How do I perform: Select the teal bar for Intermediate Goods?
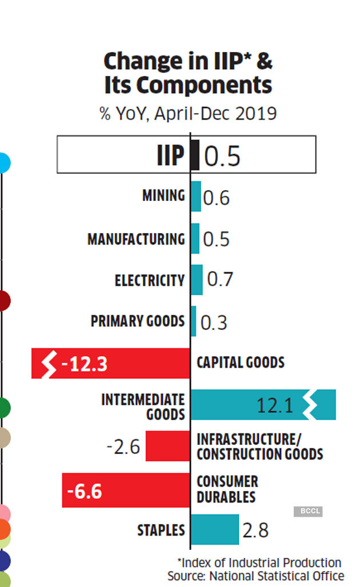tap(263, 405)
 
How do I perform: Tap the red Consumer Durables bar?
tap(126, 490)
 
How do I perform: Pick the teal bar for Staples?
tap(214, 529)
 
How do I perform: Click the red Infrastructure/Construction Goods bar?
tap(167, 446)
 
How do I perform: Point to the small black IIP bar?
tap(195, 155)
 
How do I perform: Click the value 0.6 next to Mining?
tap(217, 198)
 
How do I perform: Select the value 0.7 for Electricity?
tap(220, 280)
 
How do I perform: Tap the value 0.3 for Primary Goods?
tap(214, 322)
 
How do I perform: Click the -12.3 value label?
tap(84, 364)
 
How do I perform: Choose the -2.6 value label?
tap(123, 447)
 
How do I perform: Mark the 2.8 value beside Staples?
tap(255, 530)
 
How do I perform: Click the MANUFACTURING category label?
tap(136, 239)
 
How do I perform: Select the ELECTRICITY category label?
tap(150, 280)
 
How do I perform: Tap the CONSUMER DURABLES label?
tap(227, 489)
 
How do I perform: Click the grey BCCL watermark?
tap(308, 511)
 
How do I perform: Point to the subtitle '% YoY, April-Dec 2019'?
tap(188, 113)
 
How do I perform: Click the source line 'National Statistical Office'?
tap(277, 576)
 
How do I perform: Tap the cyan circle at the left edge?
tap(3, 163)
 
